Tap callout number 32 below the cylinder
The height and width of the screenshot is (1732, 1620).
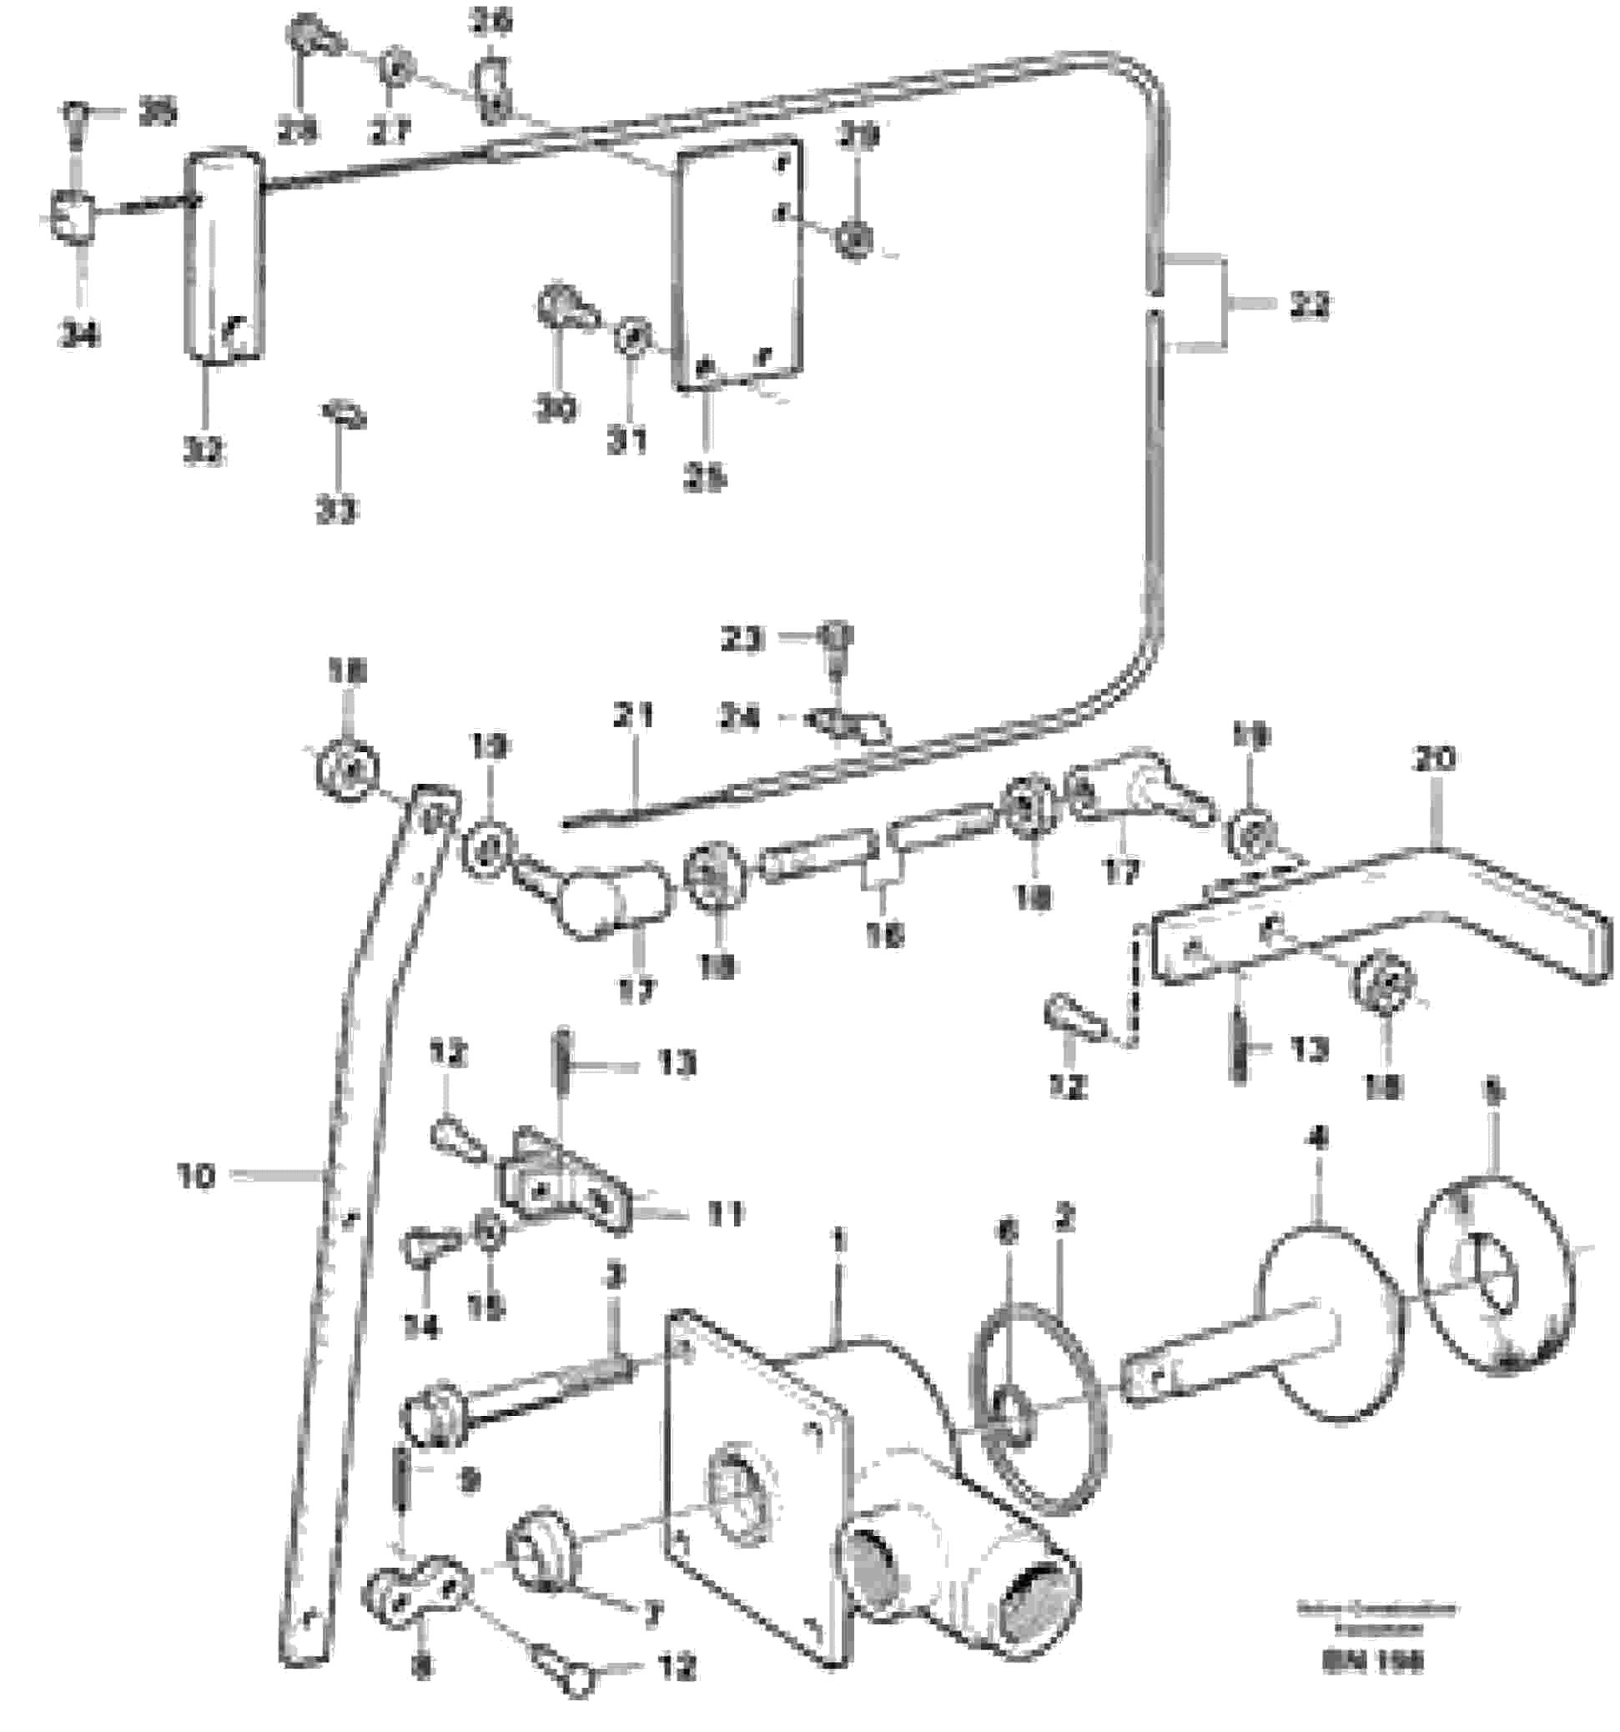(203, 449)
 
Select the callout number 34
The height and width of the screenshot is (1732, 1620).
(78, 333)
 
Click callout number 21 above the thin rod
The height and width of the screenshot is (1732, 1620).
(633, 717)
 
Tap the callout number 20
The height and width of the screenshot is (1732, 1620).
(1434, 759)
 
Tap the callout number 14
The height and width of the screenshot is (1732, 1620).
(422, 1326)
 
